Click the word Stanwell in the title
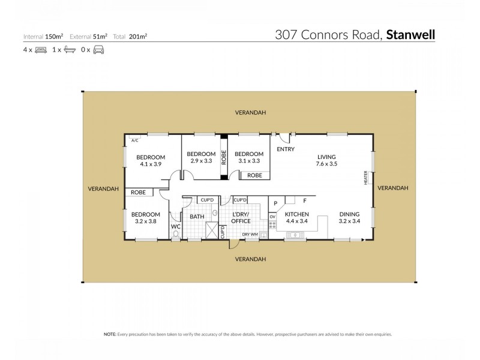pyautogui.click(x=410, y=35)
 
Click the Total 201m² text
pyautogui.click(x=133, y=36)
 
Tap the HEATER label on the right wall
pyautogui.click(x=365, y=178)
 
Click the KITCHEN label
pyautogui.click(x=296, y=214)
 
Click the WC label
pyautogui.click(x=175, y=226)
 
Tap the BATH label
pyautogui.click(x=197, y=216)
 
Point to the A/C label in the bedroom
pyautogui.click(x=134, y=140)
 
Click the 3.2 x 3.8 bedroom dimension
pyautogui.click(x=146, y=221)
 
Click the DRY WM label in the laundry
pyautogui.click(x=250, y=234)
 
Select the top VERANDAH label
pyautogui.click(x=250, y=113)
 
